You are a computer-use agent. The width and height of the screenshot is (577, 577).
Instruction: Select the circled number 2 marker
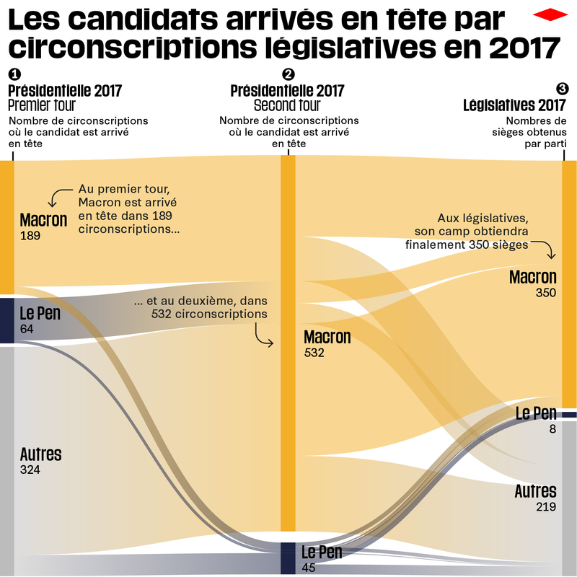[x=288, y=74]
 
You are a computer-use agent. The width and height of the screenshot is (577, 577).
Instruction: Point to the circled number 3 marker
[x=563, y=88]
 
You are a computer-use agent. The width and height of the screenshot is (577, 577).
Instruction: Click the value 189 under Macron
[x=30, y=236]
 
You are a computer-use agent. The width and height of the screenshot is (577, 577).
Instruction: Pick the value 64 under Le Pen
[x=27, y=330]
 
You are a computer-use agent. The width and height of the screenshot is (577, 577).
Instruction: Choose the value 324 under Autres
[x=30, y=470]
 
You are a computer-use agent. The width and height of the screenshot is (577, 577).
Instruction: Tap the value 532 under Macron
[x=314, y=353]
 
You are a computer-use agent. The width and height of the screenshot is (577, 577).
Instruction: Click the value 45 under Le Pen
[x=308, y=568]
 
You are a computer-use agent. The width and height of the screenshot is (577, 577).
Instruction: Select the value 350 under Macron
[x=546, y=294]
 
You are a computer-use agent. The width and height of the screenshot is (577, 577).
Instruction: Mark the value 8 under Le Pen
[x=552, y=428]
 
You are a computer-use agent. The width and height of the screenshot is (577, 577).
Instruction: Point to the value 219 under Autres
[x=545, y=507]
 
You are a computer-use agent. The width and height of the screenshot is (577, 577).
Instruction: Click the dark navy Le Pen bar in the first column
[x=6, y=320]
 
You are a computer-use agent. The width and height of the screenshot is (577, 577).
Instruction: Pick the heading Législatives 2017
[x=514, y=105]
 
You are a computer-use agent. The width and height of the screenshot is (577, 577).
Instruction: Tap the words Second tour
[x=287, y=106]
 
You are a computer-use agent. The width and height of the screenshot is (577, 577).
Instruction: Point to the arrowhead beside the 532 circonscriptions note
[x=272, y=344]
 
